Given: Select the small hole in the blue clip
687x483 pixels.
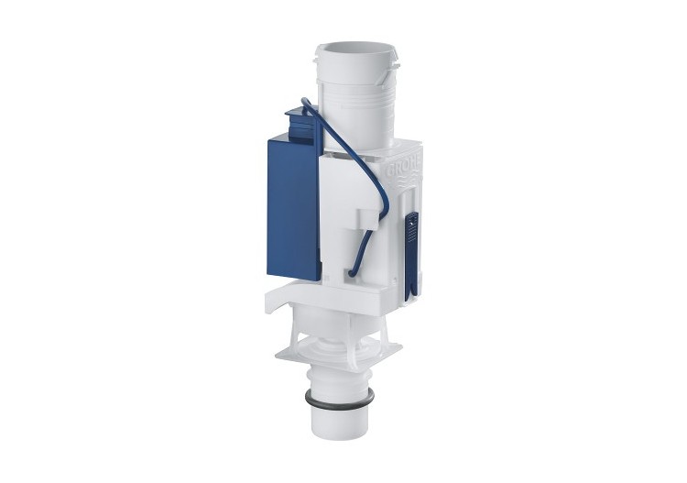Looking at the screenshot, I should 411,220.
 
